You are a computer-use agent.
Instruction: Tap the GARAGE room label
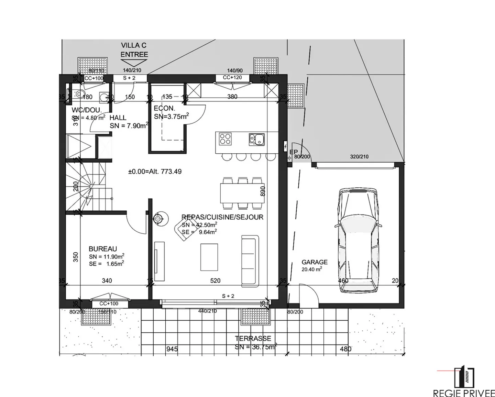click(x=314, y=262)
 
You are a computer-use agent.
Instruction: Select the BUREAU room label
click(x=103, y=249)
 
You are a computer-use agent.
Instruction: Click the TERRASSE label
click(x=253, y=339)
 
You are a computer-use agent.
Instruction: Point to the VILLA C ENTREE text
click(x=134, y=50)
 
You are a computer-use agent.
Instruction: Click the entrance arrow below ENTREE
click(x=134, y=63)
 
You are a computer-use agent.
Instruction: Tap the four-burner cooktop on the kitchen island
click(x=225, y=139)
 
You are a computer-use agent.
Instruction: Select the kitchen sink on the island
click(x=257, y=139)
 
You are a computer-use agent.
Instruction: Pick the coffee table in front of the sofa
click(x=209, y=257)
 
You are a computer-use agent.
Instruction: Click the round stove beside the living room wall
click(x=158, y=218)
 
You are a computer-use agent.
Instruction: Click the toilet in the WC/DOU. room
click(x=79, y=94)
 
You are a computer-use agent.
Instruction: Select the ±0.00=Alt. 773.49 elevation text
click(x=155, y=172)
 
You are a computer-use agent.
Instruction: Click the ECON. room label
click(x=164, y=109)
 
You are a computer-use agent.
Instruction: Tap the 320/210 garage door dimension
click(x=359, y=157)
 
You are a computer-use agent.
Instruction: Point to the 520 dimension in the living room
click(x=215, y=281)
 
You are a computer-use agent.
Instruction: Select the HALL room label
click(x=118, y=118)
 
